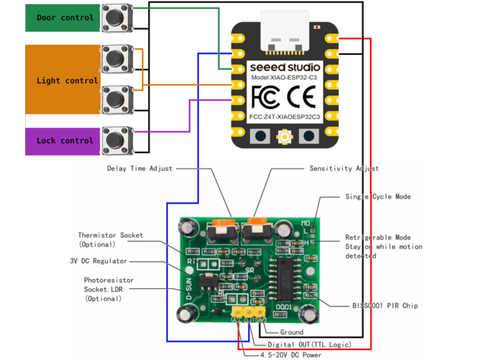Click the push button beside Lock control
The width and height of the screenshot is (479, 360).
point(117,140)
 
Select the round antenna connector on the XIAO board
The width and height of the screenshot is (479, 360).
point(286,138)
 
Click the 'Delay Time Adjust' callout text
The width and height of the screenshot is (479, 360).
point(140,169)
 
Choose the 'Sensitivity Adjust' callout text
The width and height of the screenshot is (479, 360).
point(344,169)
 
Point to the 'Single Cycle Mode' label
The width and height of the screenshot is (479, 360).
point(378,196)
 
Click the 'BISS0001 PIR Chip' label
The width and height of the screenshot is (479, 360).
point(385,305)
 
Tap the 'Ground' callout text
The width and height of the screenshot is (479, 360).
point(291,332)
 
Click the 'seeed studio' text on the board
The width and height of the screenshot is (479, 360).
point(279,67)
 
